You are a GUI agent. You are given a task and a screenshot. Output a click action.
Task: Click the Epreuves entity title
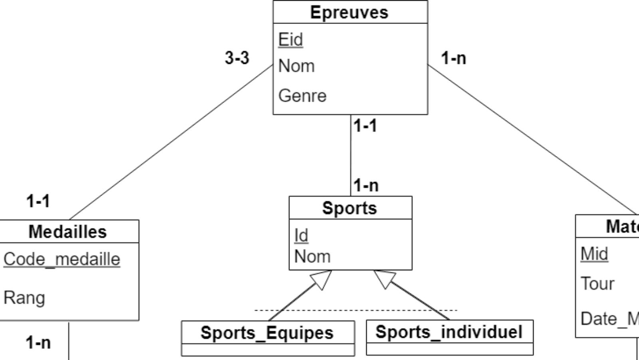coord(349,12)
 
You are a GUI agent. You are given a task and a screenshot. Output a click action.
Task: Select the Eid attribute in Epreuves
coord(291,40)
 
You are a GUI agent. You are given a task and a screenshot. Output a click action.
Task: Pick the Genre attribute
coord(302,96)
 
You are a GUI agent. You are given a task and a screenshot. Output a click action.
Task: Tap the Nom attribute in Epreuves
coord(296,66)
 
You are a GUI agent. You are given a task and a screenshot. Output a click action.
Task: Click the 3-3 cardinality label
coord(237,58)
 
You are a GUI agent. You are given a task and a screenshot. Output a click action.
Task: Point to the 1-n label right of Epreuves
coord(453,58)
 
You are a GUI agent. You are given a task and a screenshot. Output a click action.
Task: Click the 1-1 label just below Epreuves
coord(365,126)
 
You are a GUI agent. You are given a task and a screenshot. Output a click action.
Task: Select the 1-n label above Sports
coord(366,186)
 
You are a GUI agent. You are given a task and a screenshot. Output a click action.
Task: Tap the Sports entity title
coord(349,208)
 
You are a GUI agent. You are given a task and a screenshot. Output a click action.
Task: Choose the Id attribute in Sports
coord(301,235)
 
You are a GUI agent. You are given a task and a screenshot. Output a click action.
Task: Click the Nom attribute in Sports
coord(312,256)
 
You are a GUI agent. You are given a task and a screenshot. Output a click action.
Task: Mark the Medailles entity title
coord(67,231)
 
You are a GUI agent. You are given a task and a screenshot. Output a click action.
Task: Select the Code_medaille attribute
coord(62,259)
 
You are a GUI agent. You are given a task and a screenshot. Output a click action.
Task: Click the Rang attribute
coord(24,298)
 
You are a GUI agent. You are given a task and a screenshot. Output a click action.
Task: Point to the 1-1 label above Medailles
coord(38,201)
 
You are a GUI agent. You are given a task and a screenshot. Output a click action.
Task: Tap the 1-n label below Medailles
coord(38,342)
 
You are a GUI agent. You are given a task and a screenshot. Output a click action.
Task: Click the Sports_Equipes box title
coord(267,333)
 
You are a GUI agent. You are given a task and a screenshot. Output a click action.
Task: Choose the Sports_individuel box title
coord(449,332)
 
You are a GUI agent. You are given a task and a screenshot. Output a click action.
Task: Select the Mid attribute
coord(594,254)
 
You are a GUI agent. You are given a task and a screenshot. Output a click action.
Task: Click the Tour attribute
coord(597,284)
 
